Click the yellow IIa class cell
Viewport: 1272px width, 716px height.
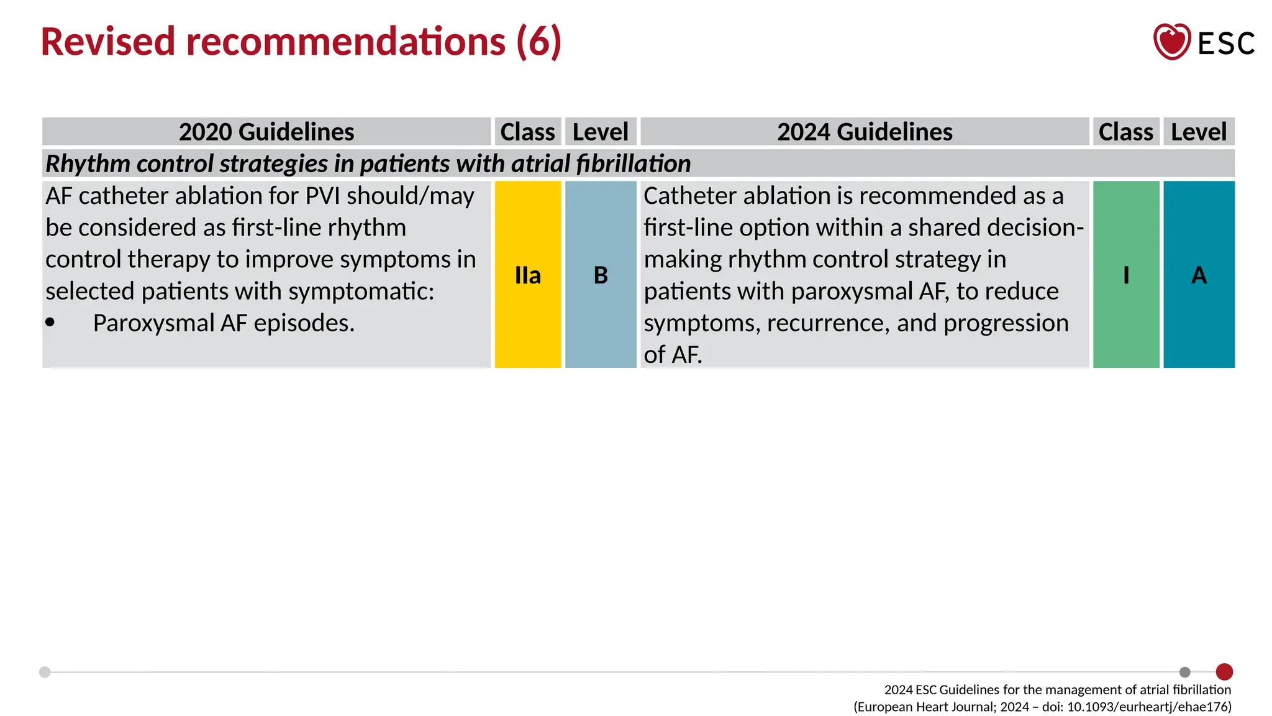click(x=527, y=274)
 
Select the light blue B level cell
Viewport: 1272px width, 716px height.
click(x=601, y=274)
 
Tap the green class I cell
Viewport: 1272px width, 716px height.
click(x=1125, y=274)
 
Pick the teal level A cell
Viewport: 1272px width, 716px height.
click(x=1199, y=274)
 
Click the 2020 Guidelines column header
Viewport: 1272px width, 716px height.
click(x=266, y=132)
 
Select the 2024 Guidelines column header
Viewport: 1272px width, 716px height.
click(x=865, y=132)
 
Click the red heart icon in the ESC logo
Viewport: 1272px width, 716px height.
click(x=1171, y=42)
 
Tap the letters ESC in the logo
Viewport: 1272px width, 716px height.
click(x=1226, y=44)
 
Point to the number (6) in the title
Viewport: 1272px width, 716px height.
click(x=538, y=42)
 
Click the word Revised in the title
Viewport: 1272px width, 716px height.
click(x=107, y=42)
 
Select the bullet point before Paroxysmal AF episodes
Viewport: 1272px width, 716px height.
click(x=50, y=322)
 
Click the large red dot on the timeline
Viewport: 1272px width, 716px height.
click(x=1224, y=672)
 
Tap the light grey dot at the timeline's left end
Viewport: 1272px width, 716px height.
click(x=45, y=672)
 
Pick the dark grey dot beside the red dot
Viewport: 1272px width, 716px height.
click(x=1184, y=672)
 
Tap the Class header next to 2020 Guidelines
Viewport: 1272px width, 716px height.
click(x=527, y=132)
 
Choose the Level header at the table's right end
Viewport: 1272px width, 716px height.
click(x=1199, y=132)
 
